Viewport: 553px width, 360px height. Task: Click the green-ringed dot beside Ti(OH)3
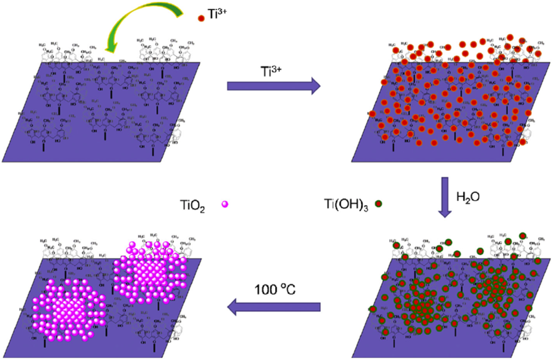click(x=378, y=203)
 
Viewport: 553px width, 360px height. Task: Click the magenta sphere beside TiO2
click(x=224, y=203)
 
